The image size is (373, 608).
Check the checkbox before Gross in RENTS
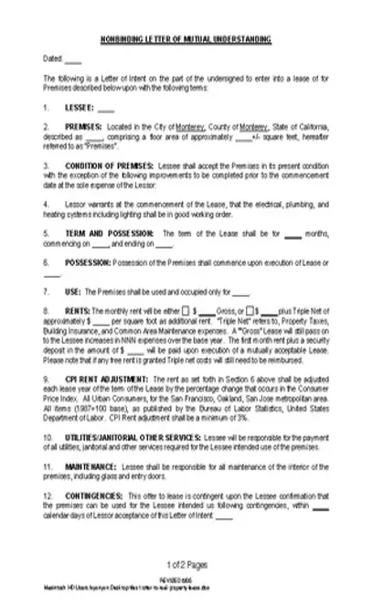(186, 312)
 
